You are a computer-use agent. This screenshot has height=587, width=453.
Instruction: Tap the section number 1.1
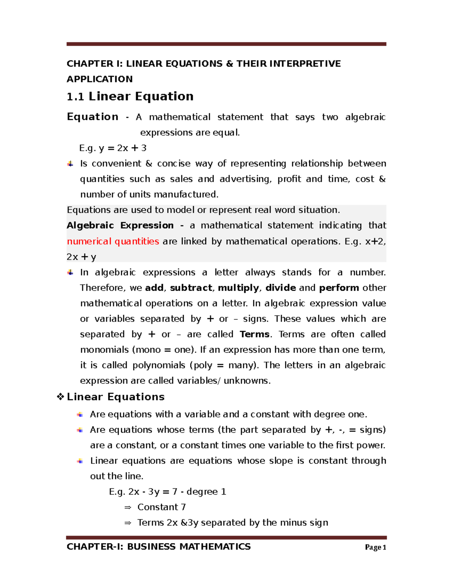(75, 97)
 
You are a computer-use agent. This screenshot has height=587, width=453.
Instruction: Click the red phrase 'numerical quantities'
(113, 241)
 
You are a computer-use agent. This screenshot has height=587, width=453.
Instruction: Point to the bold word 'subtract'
(191, 288)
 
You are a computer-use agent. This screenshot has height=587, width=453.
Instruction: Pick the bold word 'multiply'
(239, 288)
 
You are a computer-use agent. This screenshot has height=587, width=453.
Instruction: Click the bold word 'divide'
(280, 288)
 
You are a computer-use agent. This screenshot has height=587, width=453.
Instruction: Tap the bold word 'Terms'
(254, 335)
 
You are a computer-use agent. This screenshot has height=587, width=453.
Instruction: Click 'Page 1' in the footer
(375, 547)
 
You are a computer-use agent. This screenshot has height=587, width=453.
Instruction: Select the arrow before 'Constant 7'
(128, 508)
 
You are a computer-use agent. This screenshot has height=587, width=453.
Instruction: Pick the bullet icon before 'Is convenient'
(70, 164)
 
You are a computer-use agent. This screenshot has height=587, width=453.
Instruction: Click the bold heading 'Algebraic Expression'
(120, 226)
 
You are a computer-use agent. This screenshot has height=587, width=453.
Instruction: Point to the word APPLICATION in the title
(100, 79)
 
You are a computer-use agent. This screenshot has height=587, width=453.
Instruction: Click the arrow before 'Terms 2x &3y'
(128, 523)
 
